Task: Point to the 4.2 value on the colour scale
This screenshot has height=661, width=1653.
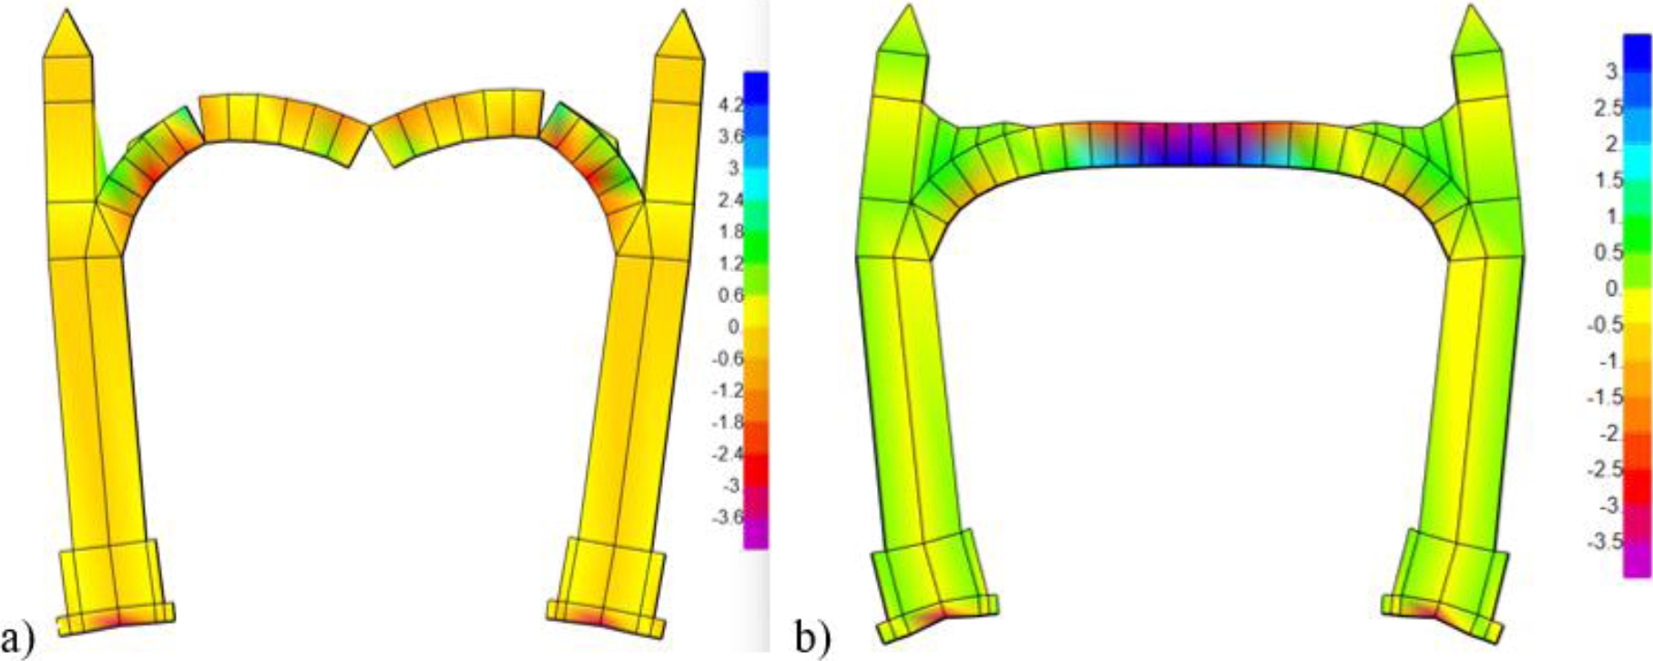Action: pos(730,105)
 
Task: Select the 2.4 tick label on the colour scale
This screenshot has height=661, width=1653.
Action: pos(730,200)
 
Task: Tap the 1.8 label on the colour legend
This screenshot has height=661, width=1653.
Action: pos(730,232)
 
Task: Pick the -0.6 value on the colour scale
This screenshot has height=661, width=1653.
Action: pos(728,359)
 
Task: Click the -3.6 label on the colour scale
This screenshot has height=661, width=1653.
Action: pos(728,518)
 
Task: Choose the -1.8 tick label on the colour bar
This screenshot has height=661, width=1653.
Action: pos(728,422)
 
